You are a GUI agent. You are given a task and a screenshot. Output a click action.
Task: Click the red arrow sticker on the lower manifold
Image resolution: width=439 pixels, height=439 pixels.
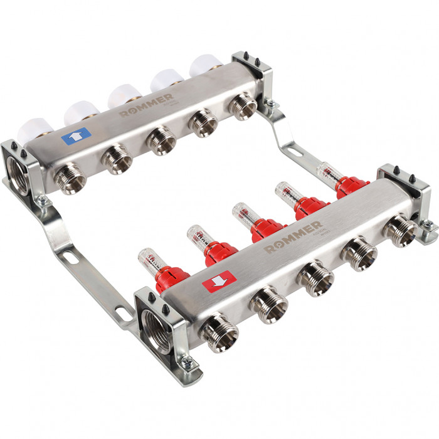click(216, 280)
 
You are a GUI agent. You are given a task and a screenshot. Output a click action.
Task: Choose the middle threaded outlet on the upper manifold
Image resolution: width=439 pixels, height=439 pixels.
click(161, 141)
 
